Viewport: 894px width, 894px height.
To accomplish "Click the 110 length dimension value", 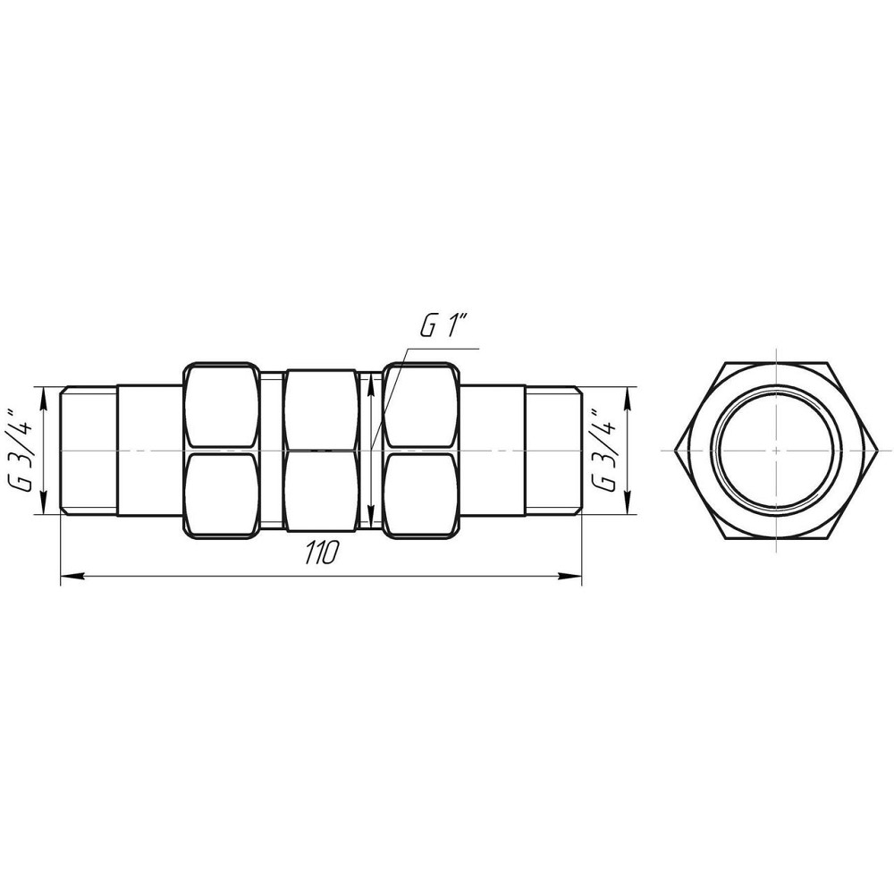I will [319, 554].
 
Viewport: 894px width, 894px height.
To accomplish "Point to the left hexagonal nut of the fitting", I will [221, 451].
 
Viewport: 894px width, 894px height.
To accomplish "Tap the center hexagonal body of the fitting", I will [321, 451].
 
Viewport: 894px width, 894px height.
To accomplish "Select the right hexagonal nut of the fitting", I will [420, 451].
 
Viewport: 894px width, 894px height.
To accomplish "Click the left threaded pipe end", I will [89, 451].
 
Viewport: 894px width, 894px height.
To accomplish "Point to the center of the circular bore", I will [776, 451].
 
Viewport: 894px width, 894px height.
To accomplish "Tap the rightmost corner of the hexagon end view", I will [874, 451].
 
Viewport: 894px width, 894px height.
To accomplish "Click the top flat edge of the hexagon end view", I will [776, 365].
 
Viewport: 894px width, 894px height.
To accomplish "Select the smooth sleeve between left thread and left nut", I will [149, 451].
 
